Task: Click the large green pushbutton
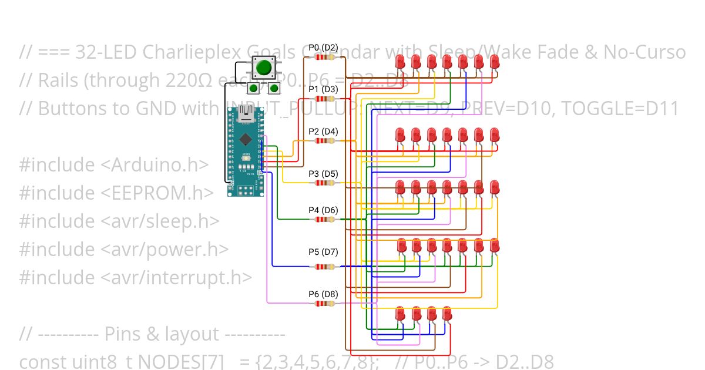tap(264, 68)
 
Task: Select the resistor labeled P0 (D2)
tap(323, 57)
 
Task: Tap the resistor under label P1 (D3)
tap(323, 99)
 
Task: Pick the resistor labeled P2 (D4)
tap(323, 141)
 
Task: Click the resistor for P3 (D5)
tap(323, 183)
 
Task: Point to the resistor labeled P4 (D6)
tap(323, 220)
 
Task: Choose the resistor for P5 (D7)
tap(323, 267)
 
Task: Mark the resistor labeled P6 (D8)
tap(323, 304)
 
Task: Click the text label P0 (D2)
tap(323, 48)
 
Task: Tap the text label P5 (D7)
tap(323, 252)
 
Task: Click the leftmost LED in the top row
tap(400, 61)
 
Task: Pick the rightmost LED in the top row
tap(495, 61)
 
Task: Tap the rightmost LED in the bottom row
tap(447, 313)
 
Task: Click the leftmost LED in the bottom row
tap(400, 313)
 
